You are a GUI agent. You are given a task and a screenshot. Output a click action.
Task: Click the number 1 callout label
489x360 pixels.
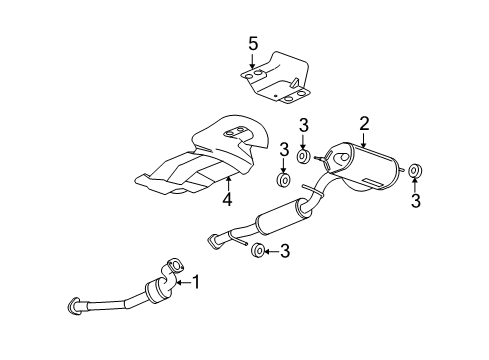tap(196, 283)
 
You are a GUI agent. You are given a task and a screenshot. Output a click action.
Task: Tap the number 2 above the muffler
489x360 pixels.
tap(365, 124)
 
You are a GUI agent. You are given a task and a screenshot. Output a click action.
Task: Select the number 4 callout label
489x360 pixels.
tap(228, 201)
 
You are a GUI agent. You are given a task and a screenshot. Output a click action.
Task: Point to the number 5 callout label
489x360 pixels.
tap(253, 43)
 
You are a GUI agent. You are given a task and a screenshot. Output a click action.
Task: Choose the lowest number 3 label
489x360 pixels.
tap(284, 251)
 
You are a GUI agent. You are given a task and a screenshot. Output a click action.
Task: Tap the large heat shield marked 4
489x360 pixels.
tap(205, 160)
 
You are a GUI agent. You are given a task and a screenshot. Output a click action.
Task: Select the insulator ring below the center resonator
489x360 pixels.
tap(258, 250)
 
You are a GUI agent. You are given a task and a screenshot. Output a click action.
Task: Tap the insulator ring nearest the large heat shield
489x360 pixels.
tap(283, 180)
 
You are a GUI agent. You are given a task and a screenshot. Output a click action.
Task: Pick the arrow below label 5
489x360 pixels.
tap(253, 62)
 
